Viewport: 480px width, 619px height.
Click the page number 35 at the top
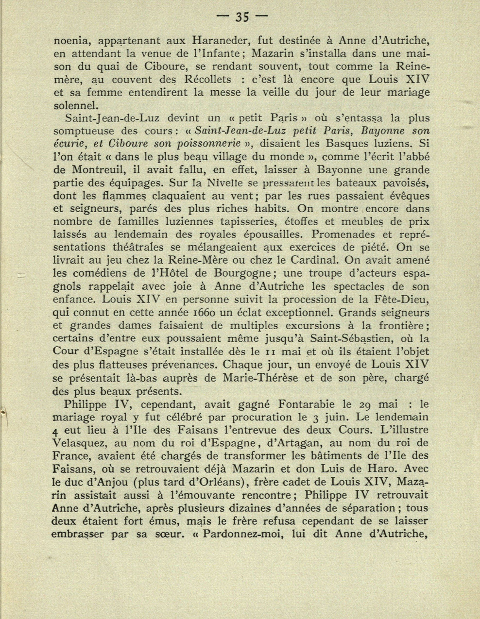coord(242,17)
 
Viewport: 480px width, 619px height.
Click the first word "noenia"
coord(70,40)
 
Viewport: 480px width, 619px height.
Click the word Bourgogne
coord(232,274)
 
